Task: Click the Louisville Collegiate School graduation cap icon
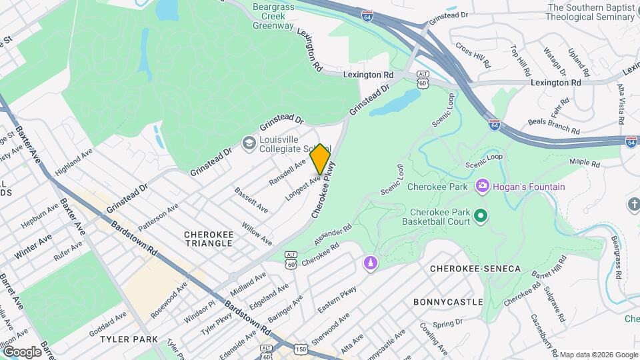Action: tap(249, 143)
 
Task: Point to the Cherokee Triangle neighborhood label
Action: tap(209, 239)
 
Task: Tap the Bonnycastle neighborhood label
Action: tap(447, 302)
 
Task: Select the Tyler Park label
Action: tap(129, 339)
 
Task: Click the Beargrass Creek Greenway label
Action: tap(273, 17)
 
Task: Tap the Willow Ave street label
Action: tap(257, 233)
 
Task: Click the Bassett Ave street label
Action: tap(251, 200)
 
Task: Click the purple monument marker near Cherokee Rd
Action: tap(369, 264)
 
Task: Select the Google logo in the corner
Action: tap(22, 351)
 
